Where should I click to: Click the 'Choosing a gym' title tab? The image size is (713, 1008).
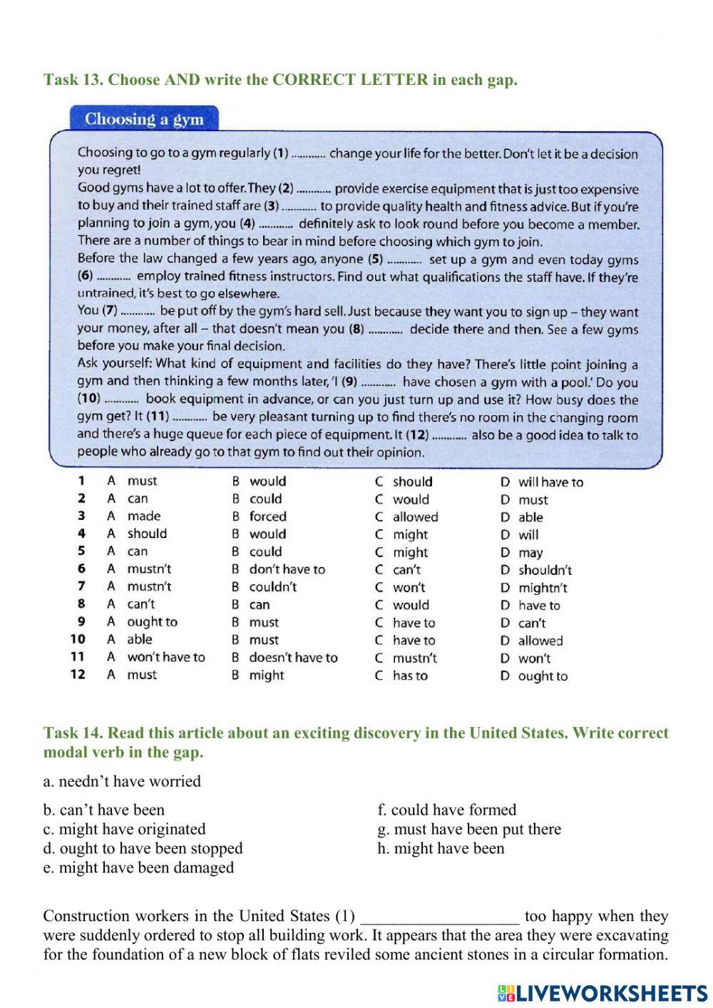144,119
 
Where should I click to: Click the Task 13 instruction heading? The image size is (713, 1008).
280,80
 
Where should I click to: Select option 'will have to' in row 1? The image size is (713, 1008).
550,482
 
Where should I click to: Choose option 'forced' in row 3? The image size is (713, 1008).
267,516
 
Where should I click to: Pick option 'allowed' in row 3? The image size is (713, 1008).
415,517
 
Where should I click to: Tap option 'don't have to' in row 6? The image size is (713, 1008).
287,569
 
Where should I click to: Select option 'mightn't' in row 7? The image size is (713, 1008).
543,588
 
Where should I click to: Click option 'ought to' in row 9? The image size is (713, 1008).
152,622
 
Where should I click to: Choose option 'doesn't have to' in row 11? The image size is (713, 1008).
293,658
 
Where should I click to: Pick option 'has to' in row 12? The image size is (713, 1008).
410,676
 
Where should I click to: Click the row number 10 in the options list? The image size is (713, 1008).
78,640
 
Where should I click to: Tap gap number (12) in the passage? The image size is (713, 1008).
449,435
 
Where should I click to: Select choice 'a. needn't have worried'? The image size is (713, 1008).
122,781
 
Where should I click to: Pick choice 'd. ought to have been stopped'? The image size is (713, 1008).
143,848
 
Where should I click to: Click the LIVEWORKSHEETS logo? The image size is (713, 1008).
602,993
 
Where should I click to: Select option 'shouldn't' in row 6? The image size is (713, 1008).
545,570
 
